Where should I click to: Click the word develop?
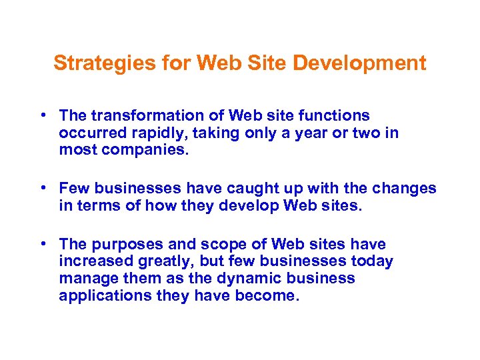[x=247, y=205]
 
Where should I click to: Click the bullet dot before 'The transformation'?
[x=43, y=115]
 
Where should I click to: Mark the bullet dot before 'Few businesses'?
[x=43, y=188]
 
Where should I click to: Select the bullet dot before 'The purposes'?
[x=43, y=244]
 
